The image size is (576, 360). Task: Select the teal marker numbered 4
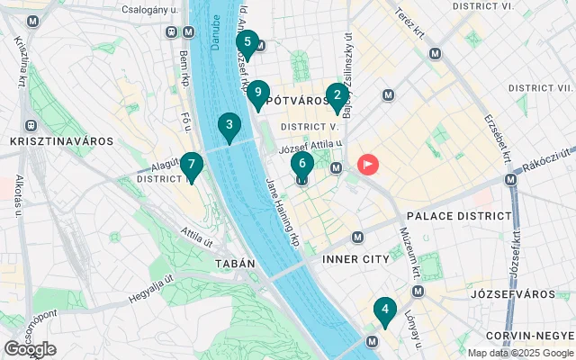tap(385, 311)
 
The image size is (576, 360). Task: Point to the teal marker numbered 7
tap(191, 166)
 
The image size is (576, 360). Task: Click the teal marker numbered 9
tap(258, 93)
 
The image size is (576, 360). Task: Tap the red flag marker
tap(368, 165)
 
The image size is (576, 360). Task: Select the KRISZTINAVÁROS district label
tap(60, 141)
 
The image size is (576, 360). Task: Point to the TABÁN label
tap(235, 264)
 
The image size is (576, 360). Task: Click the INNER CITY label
tap(355, 258)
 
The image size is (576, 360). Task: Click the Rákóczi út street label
tap(544, 164)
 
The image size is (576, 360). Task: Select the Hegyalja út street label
tap(148, 292)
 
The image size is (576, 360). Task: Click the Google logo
tap(30, 349)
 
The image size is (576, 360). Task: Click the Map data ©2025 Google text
tap(519, 353)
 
